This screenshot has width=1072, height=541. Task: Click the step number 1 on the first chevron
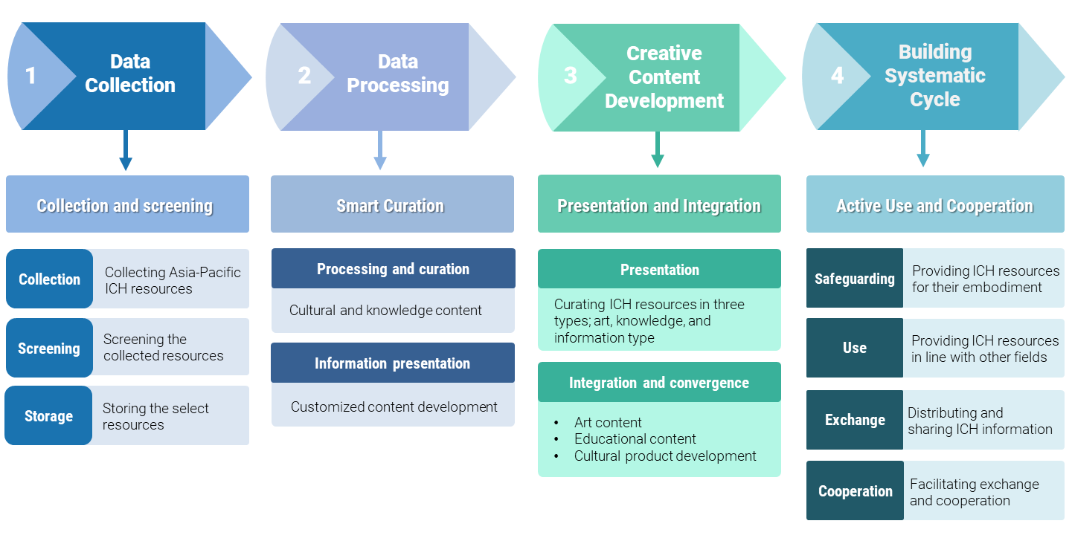[31, 76]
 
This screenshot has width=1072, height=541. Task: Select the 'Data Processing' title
[397, 74]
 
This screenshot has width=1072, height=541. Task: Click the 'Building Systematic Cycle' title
[934, 76]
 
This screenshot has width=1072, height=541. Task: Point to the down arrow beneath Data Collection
[126, 152]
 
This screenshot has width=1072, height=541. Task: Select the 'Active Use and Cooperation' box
[934, 206]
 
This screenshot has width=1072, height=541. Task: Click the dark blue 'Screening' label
[49, 349]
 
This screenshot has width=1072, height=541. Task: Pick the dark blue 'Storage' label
[49, 416]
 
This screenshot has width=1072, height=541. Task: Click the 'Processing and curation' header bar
[393, 269]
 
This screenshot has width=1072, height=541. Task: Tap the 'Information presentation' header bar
[392, 363]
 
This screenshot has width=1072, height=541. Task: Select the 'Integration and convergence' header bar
[659, 383]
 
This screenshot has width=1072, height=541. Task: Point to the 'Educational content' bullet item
[635, 439]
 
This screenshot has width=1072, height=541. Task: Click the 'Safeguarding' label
[855, 279]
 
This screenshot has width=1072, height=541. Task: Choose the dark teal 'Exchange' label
[855, 420]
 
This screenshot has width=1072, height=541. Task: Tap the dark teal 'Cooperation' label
[855, 491]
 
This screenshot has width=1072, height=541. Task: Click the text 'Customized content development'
[394, 407]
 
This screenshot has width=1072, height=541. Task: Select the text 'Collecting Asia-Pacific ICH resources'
[173, 281]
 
